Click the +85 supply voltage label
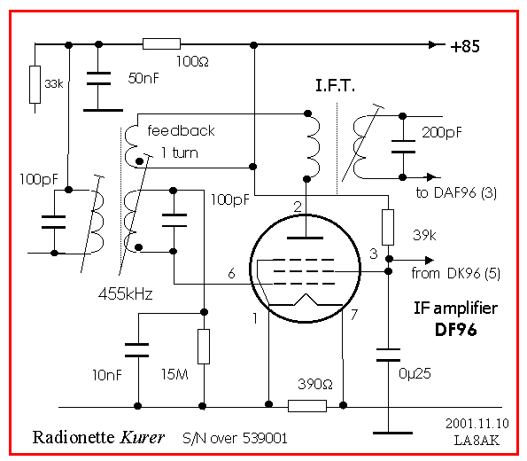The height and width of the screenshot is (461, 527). coord(465,46)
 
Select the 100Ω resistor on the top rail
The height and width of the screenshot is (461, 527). coord(162,44)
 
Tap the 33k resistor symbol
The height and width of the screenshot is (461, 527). coord(35,84)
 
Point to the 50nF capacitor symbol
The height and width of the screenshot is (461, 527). coord(98,78)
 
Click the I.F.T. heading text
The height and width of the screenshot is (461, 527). coord(335,85)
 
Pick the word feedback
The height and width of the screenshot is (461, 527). coord(181,130)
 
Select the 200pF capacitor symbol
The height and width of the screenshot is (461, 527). coord(403,146)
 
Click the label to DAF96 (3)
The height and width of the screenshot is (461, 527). coord(456,192)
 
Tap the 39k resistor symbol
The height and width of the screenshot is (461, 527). coord(388,227)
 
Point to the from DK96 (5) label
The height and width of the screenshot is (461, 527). coord(456,273)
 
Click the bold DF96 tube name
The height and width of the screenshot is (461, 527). coord(456,330)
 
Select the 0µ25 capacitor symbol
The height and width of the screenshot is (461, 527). coord(388,355)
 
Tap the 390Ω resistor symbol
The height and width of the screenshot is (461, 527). coord(307,406)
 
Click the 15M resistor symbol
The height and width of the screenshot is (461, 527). coord(204,347)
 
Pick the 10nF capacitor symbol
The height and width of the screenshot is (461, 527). coord(136,350)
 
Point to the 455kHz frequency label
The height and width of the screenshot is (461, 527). coord(126,294)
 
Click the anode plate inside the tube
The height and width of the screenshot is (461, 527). coord(306,238)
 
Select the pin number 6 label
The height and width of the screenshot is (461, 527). coord(231,273)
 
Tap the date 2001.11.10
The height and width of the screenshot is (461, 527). coord(477,423)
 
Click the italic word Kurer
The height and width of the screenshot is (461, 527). coord(143,437)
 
